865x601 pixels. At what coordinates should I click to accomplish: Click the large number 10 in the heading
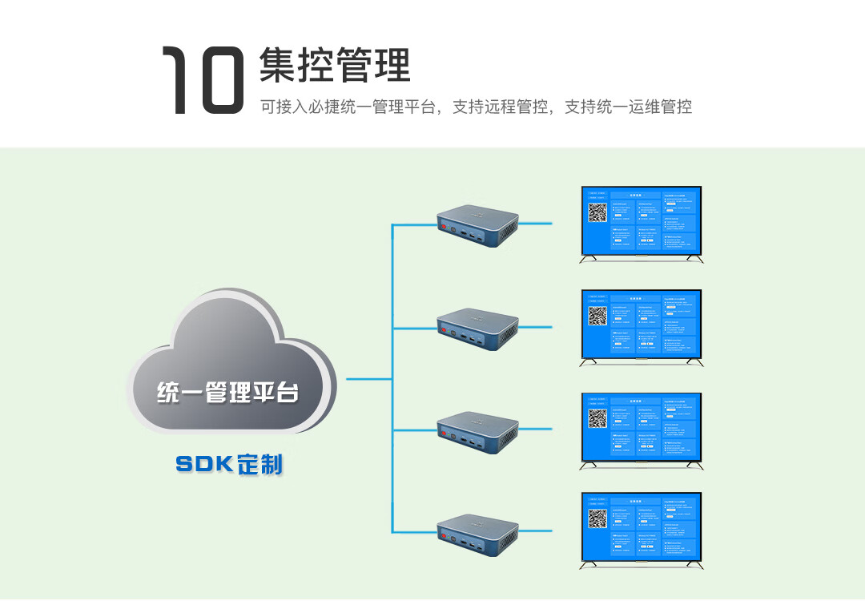pyautogui.click(x=203, y=79)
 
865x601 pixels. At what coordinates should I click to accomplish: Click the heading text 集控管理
pyautogui.click(x=335, y=66)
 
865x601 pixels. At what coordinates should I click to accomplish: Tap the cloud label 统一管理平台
pyautogui.click(x=228, y=393)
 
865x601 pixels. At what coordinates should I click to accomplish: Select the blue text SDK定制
pyautogui.click(x=229, y=464)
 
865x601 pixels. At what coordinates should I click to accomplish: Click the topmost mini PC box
pyautogui.click(x=477, y=225)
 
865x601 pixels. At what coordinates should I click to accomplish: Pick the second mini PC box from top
pyautogui.click(x=477, y=329)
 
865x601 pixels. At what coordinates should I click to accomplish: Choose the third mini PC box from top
pyautogui.click(x=477, y=433)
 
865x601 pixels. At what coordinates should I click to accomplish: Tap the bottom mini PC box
pyautogui.click(x=477, y=535)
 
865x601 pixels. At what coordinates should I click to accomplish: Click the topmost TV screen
pyautogui.click(x=642, y=221)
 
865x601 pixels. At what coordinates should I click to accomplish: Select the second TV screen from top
pyautogui.click(x=642, y=325)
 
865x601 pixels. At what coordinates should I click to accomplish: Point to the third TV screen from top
pyautogui.click(x=642, y=427)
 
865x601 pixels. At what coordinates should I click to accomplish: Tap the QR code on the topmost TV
pyautogui.click(x=598, y=213)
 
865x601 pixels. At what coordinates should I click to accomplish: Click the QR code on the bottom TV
pyautogui.click(x=598, y=519)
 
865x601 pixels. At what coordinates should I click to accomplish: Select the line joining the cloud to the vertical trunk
pyautogui.click(x=368, y=378)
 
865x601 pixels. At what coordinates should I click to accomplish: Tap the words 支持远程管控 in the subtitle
pyautogui.click(x=500, y=107)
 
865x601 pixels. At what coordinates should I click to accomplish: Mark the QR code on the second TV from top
pyautogui.click(x=598, y=316)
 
